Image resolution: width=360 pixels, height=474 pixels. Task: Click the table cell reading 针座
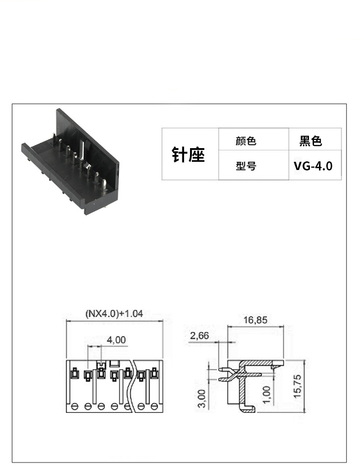click(188, 155)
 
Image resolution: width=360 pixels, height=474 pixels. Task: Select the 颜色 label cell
click(246, 141)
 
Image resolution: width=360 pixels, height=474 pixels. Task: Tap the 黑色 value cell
click(311, 141)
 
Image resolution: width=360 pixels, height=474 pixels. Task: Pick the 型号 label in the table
click(246, 165)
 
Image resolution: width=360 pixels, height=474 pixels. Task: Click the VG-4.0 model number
click(313, 166)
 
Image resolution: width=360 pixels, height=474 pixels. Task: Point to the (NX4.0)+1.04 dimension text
click(114, 314)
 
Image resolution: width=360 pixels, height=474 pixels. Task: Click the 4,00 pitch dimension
click(116, 340)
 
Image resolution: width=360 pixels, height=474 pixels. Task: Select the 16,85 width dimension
click(255, 320)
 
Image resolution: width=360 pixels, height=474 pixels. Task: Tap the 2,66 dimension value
click(199, 335)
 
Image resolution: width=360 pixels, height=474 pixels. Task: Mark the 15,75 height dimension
click(298, 386)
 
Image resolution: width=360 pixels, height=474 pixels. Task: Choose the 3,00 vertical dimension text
click(201, 398)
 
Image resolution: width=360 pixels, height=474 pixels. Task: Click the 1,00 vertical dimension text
click(267, 395)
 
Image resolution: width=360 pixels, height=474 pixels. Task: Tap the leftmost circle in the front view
click(74, 406)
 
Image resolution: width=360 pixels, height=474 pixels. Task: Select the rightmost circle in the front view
click(154, 406)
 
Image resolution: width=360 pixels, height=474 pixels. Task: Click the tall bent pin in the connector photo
click(82, 150)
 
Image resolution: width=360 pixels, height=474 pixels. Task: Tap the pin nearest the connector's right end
click(104, 185)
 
